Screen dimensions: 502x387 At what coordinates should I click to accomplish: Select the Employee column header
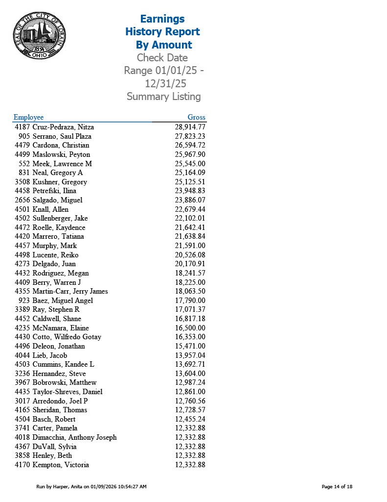point(28,117)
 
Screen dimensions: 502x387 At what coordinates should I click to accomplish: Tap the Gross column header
point(196,117)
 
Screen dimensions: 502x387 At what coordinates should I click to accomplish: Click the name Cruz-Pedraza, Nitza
point(63,127)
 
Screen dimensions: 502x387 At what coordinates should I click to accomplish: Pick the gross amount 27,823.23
point(190,136)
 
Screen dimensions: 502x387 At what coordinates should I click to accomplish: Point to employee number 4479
point(23,145)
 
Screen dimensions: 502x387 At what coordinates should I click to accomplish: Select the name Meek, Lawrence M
point(62,164)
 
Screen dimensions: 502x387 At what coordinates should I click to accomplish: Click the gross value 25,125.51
point(190,182)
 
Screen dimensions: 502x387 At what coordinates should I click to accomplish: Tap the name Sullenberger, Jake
point(60,218)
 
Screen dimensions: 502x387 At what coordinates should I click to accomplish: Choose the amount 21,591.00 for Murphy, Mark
point(190,246)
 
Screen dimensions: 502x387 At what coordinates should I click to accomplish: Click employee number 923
point(24,301)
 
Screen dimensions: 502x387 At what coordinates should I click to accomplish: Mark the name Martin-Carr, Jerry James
point(70,291)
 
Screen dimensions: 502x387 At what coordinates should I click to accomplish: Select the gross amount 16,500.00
point(190,328)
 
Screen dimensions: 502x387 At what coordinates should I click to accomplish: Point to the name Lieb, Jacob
point(50,355)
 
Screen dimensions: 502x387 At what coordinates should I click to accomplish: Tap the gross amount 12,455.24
point(190,419)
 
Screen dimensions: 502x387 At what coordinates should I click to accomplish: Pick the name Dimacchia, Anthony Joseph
point(74,437)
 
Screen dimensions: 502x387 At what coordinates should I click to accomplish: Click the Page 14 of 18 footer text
point(337,486)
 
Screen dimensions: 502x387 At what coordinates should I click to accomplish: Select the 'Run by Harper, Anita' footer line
point(91,486)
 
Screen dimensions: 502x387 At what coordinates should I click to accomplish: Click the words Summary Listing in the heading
point(163,97)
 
